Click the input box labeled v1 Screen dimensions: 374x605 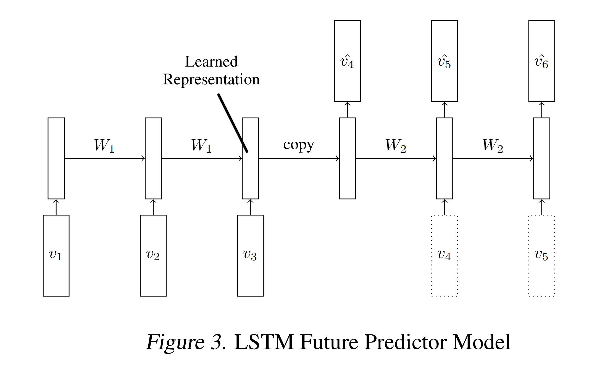(56, 255)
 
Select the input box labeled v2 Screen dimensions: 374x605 (153, 255)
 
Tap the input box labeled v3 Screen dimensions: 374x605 (250, 255)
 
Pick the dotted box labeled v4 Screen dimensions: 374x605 (444, 255)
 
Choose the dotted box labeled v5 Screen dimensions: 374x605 (541, 255)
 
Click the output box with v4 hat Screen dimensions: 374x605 (347, 61)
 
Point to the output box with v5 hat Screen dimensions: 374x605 (444, 61)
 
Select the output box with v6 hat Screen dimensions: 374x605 (541, 61)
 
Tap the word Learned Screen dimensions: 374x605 (211, 61)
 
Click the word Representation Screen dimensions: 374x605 (211, 80)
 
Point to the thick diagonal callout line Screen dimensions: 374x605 (233, 123)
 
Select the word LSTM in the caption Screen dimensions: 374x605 (264, 342)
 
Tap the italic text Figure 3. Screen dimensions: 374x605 (186, 342)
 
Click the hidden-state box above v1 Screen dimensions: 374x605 (56, 158)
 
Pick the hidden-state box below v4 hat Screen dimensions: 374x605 (347, 158)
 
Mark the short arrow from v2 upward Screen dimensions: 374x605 (153, 207)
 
